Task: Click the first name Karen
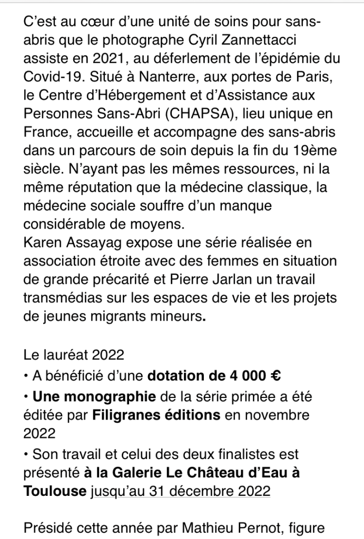click(x=41, y=242)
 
